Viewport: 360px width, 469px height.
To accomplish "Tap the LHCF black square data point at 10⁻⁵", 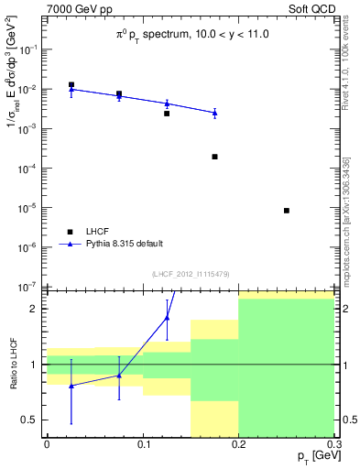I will point(287,211).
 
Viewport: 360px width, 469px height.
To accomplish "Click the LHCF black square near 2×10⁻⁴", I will point(214,157).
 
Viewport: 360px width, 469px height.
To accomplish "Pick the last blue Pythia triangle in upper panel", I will point(214,113).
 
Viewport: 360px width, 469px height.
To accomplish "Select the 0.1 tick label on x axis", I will point(143,444).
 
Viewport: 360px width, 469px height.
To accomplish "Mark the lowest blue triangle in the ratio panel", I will point(71,386).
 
